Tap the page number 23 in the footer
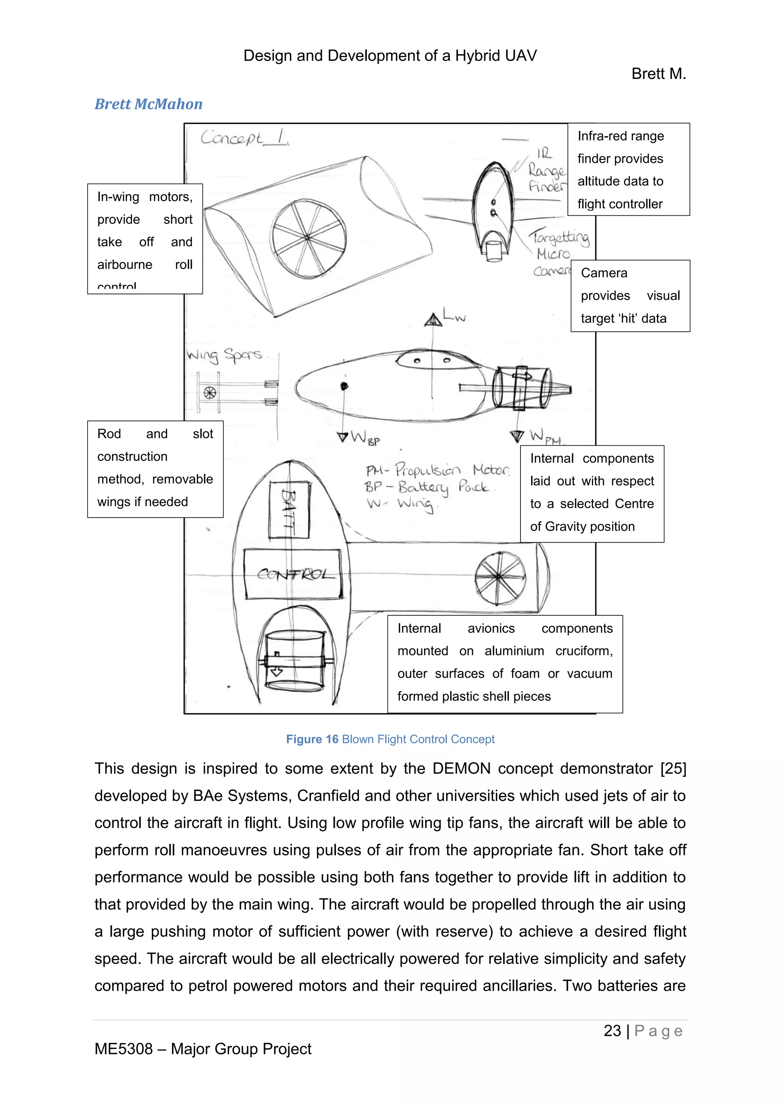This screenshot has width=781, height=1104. [x=612, y=1030]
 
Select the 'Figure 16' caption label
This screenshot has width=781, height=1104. [x=312, y=739]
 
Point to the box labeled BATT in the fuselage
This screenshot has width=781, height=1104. [x=289, y=510]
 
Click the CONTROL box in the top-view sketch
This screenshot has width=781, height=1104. [x=293, y=574]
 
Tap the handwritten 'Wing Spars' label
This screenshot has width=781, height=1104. [x=225, y=355]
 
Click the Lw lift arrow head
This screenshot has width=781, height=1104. [x=433, y=320]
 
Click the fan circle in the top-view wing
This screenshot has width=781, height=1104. [x=500, y=576]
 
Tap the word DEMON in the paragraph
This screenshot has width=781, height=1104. [x=461, y=769]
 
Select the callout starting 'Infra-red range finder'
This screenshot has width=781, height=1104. [x=628, y=169]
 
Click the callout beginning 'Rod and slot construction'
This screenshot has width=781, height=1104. [x=155, y=469]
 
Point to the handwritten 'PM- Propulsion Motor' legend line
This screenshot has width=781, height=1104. [x=436, y=469]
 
